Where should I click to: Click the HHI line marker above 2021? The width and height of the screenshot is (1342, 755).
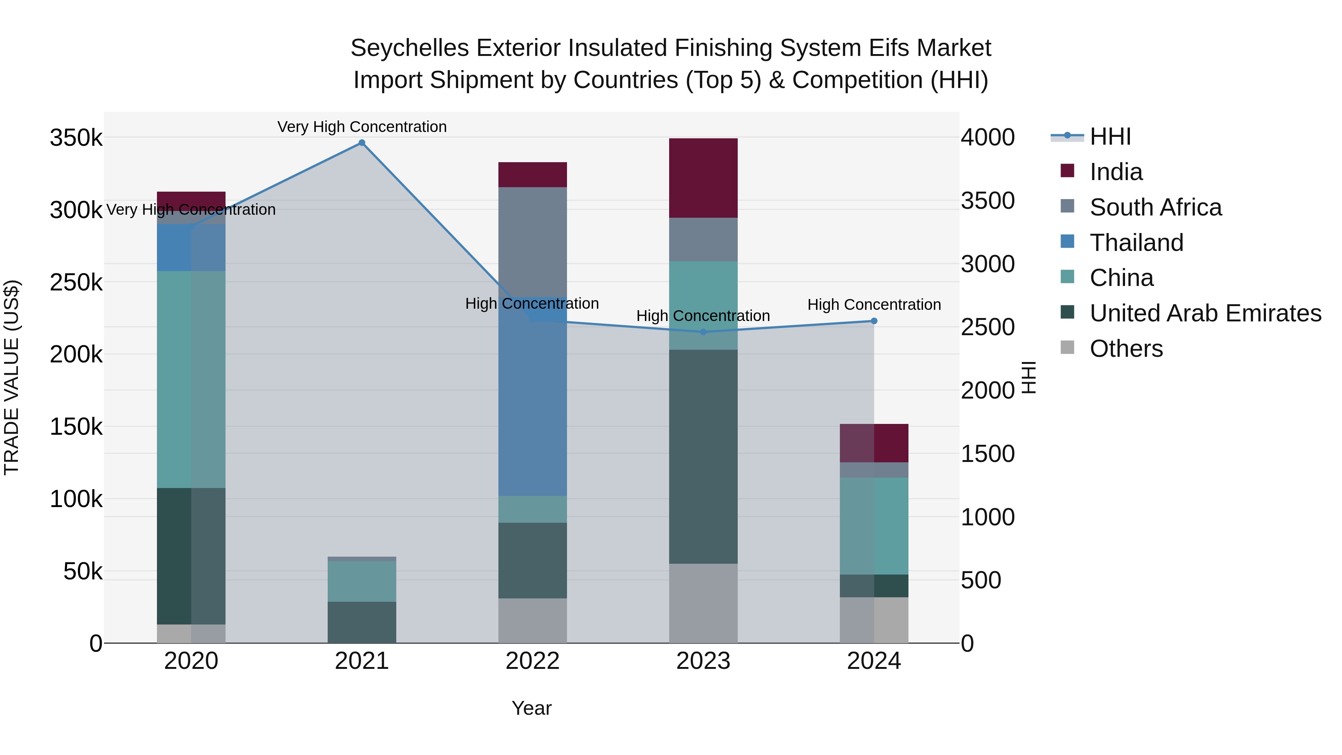click(x=362, y=143)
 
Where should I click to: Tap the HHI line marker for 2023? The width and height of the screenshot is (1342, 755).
click(x=703, y=332)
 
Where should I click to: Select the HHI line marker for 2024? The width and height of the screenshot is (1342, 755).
click(x=874, y=321)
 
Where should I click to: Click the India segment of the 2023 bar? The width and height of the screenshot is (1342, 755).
click(x=703, y=178)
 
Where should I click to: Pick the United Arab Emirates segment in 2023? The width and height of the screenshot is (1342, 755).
click(x=703, y=456)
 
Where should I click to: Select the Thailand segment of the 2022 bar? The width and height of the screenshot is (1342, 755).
click(x=532, y=396)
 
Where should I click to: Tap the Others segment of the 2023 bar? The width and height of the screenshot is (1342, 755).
click(x=703, y=603)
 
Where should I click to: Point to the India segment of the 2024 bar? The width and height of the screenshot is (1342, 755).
click(x=874, y=443)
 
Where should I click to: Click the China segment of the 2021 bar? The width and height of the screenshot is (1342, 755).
click(x=362, y=581)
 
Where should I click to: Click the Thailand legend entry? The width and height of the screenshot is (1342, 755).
click(x=1136, y=243)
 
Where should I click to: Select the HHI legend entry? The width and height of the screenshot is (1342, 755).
click(x=1110, y=136)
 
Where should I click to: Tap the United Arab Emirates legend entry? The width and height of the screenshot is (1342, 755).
click(x=1205, y=313)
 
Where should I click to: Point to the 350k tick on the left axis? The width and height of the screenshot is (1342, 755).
click(x=76, y=138)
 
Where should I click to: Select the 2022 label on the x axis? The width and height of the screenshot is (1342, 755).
click(x=532, y=661)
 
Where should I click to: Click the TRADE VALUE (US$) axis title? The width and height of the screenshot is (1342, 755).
click(x=12, y=377)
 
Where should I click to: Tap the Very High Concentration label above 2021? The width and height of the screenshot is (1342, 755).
click(x=362, y=127)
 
